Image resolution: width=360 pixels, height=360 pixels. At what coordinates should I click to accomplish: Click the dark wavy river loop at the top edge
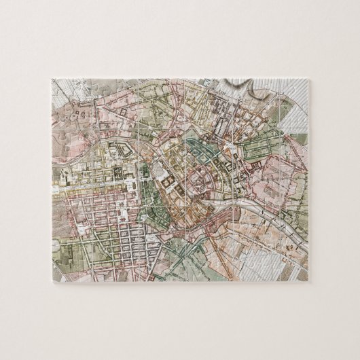(x=241, y=87)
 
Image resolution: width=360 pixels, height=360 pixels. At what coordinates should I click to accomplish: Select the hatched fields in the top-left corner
(x=68, y=92)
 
